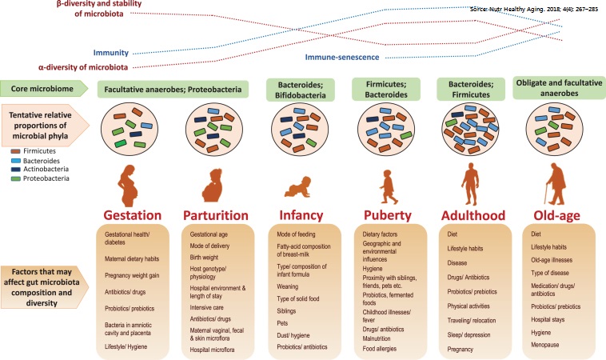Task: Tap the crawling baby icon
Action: click(298, 187)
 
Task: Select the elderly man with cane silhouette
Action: click(555, 184)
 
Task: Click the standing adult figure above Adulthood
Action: click(471, 184)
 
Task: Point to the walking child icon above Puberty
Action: click(388, 186)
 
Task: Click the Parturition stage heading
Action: click(216, 215)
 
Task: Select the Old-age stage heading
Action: click(556, 215)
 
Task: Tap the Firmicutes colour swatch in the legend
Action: click(15, 151)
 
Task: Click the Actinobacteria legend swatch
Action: click(15, 170)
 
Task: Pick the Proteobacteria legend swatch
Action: click(15, 179)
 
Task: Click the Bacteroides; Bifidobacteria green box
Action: click(301, 90)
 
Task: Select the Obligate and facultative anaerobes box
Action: click(559, 88)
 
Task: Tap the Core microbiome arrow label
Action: click(45, 89)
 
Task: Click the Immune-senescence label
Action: click(342, 58)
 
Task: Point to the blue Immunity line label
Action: click(111, 53)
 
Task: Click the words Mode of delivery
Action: click(209, 246)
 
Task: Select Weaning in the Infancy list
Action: click(287, 286)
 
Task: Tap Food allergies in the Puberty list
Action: click(380, 348)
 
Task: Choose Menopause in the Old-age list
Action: click(545, 345)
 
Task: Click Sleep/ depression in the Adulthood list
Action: click(468, 335)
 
